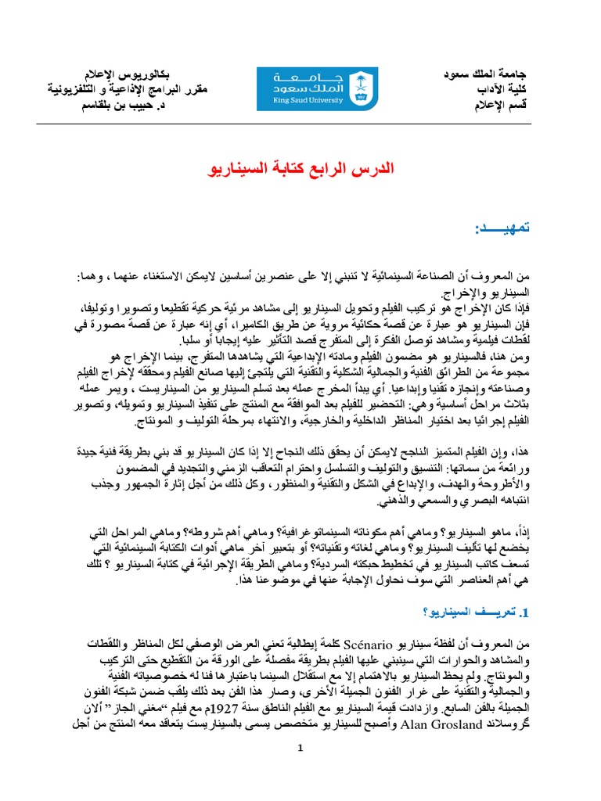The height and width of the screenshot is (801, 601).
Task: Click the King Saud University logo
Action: pyautogui.click(x=318, y=88)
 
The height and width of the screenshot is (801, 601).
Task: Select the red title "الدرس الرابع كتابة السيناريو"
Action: pyautogui.click(x=301, y=167)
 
